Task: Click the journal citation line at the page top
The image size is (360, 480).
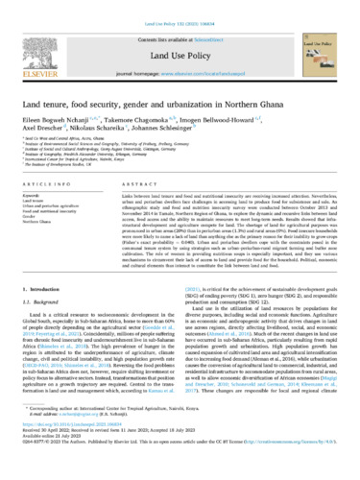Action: tap(180, 9)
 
